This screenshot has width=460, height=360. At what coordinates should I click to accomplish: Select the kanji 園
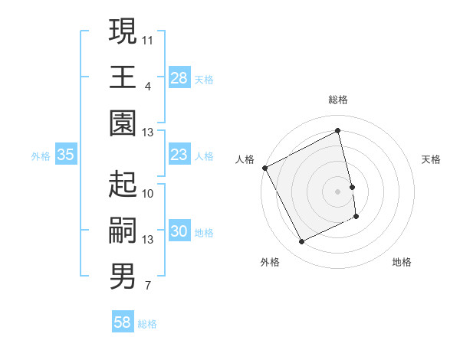pos(123,123)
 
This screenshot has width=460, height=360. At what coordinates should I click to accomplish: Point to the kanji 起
pos(123,185)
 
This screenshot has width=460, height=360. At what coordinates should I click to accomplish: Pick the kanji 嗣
pos(123,231)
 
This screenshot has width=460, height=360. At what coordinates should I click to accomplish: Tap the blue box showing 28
pos(179,78)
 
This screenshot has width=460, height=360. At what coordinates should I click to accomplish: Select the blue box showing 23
pos(179,155)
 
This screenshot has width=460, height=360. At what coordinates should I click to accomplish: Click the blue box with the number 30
pos(179,232)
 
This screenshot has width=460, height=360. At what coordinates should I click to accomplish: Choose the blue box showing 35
pos(65,155)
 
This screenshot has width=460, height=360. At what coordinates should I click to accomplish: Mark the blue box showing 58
pos(123,322)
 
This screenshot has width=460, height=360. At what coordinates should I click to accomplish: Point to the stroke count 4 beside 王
pos(147,85)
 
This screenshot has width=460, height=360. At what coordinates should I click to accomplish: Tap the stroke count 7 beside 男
pos(147,286)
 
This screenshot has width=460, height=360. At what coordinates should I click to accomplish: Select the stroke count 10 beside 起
pos(148,193)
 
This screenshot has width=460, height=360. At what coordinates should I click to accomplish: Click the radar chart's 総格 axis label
pos(338,100)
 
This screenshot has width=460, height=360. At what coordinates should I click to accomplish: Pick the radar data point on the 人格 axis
pos(264,168)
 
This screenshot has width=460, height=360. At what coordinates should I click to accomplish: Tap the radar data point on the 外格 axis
pos(301,242)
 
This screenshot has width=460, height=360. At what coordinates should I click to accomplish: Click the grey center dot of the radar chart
pos(338,191)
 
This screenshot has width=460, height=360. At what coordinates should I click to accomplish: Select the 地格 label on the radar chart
pos(402,262)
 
